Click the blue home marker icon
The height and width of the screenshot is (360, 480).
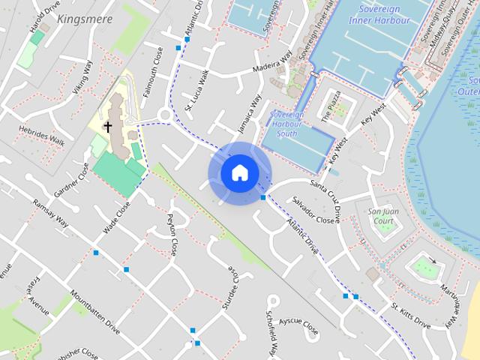[239, 173]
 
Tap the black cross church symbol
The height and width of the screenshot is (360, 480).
[107, 127]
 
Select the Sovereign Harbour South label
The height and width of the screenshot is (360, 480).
[286, 124]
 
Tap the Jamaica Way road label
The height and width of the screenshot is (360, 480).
[250, 112]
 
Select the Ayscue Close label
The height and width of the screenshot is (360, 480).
[298, 325]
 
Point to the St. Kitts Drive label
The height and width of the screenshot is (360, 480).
[410, 317]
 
